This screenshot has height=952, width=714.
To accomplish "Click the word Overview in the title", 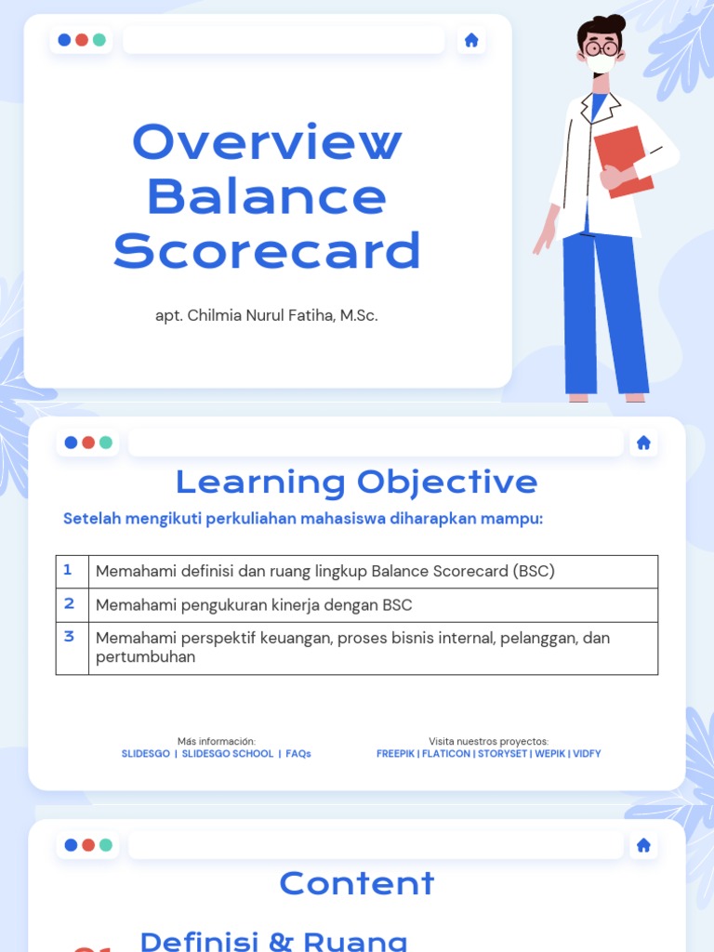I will point(267,142).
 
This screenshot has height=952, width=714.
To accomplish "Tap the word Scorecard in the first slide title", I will point(267,251).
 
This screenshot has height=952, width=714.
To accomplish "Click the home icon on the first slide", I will point(471,40).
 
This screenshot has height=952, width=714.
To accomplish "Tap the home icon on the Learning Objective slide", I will point(643,443).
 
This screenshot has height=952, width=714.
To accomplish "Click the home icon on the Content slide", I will point(643,845).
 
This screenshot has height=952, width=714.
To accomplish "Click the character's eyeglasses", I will point(602,48).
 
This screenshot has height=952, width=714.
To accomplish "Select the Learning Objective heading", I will point(356,482).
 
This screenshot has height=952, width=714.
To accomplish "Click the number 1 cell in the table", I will point(68,570).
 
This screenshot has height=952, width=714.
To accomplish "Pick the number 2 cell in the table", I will point(69,603).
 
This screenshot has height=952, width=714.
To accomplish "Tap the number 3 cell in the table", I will point(69,637).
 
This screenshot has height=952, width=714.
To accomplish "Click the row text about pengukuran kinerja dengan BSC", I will point(254,605).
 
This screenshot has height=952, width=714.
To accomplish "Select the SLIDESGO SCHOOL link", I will point(228,754).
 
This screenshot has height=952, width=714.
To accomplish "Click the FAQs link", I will point(298,754).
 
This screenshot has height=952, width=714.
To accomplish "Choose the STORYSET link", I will point(503,754).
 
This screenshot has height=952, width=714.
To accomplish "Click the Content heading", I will point(356,883).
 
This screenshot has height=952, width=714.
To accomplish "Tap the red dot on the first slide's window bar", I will point(82,40).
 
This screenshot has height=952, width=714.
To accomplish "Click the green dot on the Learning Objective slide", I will point(106,443).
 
